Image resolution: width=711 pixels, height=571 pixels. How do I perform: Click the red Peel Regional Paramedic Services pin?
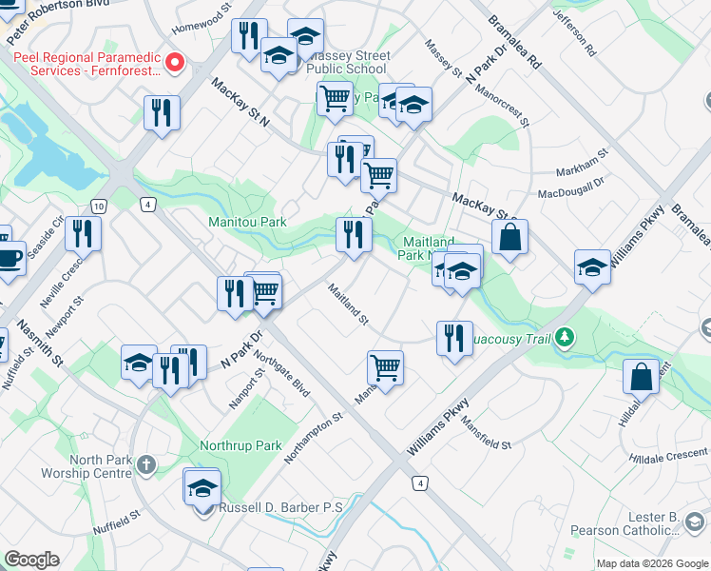point(175,64)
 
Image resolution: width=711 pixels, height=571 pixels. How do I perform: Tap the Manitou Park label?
point(247,222)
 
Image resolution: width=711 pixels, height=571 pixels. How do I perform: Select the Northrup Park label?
point(240,445)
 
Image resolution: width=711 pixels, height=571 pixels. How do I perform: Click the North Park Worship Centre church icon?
point(145,465)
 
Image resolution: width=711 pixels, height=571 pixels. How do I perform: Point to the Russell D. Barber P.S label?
point(280,507)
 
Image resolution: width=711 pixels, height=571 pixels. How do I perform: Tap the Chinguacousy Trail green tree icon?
point(566,336)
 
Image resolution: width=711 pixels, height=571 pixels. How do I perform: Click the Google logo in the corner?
point(32,560)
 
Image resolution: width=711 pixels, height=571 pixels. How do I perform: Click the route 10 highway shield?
point(99,206)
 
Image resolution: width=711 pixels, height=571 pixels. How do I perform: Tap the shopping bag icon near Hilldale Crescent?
point(642,375)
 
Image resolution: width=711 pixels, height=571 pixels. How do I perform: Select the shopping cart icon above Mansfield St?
point(385,366)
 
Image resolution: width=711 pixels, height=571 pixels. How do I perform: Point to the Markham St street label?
point(587,159)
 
